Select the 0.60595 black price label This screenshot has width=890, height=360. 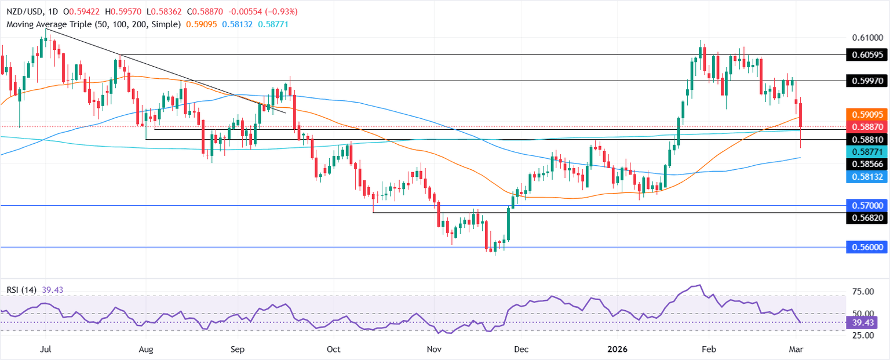pos(867,55)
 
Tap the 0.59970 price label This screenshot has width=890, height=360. pos(867,81)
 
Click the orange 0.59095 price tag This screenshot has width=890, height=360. pos(867,114)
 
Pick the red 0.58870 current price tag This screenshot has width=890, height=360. pos(867,126)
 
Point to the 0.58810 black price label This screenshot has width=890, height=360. pos(867,139)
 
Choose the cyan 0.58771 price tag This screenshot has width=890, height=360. pos(867,151)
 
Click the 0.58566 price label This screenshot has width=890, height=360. pos(867,164)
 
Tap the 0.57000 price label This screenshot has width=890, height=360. pos(867,205)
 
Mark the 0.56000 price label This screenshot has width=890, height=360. pos(867,247)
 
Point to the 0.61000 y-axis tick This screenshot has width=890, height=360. pos(867,38)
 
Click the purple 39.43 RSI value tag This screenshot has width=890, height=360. pos(867,322)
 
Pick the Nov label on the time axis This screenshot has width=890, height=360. pos(434,350)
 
